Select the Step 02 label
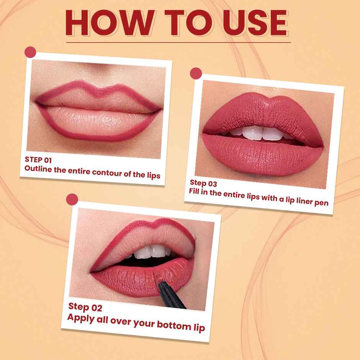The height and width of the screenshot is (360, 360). [x=85, y=307]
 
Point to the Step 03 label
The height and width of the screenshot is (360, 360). [x=203, y=183]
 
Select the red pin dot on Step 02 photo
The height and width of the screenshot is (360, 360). [x=72, y=199]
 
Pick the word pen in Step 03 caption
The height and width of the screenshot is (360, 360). [x=322, y=202]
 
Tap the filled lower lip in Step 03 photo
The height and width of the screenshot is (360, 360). [x=264, y=155]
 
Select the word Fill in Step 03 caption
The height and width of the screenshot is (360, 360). [x=196, y=192]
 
